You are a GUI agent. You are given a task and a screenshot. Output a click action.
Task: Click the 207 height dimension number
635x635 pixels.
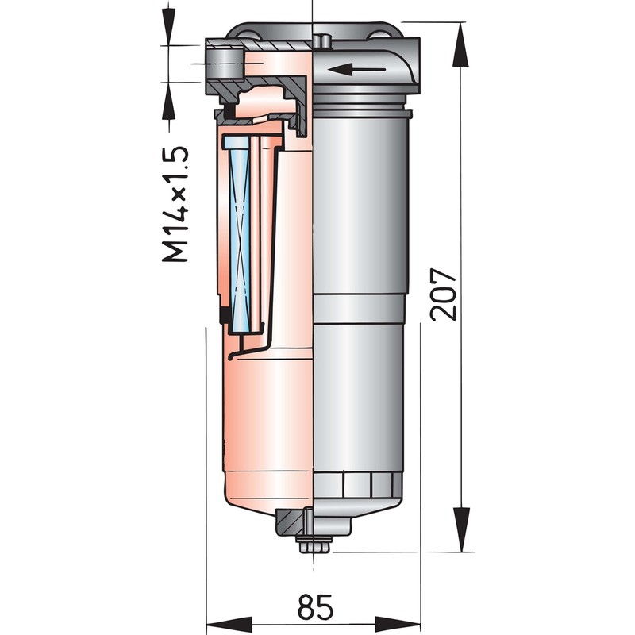coord(444,294)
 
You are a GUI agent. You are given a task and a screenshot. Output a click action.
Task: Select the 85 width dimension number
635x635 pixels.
coord(315,606)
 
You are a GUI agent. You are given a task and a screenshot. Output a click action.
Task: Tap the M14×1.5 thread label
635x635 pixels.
coord(175,204)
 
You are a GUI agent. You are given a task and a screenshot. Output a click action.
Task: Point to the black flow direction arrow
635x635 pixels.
coord(356,69)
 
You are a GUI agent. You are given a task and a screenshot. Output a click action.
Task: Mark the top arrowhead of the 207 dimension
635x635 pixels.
coord(461,44)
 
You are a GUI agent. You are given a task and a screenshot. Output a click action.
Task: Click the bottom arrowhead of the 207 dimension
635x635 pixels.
coord(461,529)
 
